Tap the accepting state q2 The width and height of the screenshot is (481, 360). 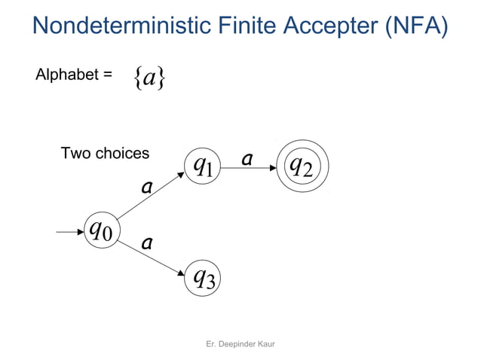[x=302, y=166]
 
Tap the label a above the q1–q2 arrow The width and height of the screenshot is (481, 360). [x=247, y=159]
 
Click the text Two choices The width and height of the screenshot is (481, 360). [x=105, y=154]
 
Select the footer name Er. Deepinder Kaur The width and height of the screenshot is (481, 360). [x=240, y=343]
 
